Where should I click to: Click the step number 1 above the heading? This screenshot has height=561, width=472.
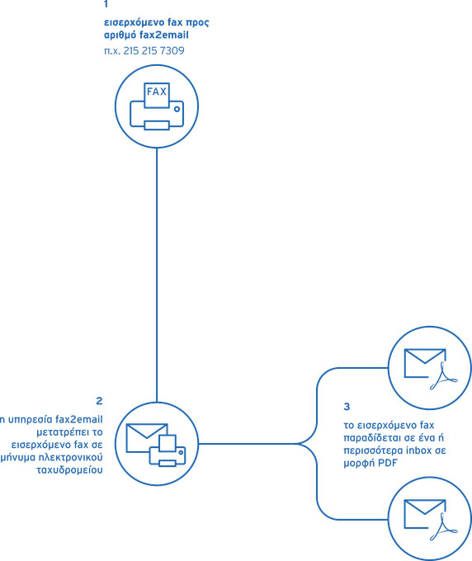pyautogui.click(x=106, y=4)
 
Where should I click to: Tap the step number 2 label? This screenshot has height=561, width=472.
pyautogui.click(x=99, y=401)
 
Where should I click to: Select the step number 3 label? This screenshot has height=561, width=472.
pyautogui.click(x=347, y=407)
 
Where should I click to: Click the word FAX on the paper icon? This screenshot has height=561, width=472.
pyautogui.click(x=157, y=92)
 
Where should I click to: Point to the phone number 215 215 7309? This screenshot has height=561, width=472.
pyautogui.click(x=153, y=50)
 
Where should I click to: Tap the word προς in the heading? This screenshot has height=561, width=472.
pyautogui.click(x=197, y=23)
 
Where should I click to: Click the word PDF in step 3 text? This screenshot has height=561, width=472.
pyautogui.click(x=388, y=463)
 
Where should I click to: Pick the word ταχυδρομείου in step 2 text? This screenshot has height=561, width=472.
pyautogui.click(x=70, y=470)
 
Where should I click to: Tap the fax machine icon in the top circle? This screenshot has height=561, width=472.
pyautogui.click(x=157, y=106)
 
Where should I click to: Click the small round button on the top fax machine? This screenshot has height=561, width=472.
pyautogui.click(x=177, y=109)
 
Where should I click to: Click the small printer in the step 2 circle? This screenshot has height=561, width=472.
pyautogui.click(x=168, y=450)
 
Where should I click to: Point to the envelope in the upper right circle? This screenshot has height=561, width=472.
pyautogui.click(x=424, y=362)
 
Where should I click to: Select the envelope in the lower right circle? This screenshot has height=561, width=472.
pyautogui.click(x=424, y=513)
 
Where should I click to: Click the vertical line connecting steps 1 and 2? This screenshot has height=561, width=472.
pyautogui.click(x=157, y=275)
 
